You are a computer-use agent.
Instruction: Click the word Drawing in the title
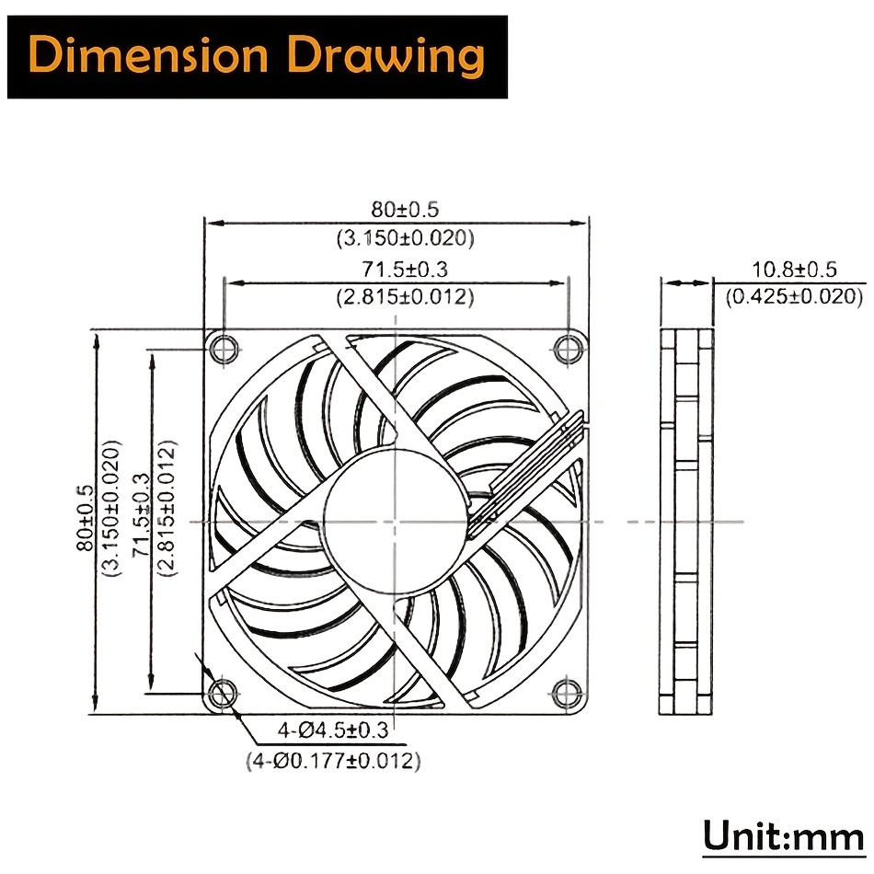(387, 57)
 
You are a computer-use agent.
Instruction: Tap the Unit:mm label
(783, 836)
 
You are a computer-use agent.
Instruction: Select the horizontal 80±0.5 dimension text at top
(405, 210)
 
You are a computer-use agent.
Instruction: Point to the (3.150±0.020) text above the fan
(405, 238)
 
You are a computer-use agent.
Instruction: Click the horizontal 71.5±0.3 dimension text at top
(405, 270)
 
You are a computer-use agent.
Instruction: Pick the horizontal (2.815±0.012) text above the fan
(405, 296)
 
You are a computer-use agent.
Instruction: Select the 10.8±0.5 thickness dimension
(794, 270)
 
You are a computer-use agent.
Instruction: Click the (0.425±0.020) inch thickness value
(794, 296)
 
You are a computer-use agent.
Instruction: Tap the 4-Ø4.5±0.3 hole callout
(333, 730)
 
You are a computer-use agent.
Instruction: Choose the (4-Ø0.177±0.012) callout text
(333, 760)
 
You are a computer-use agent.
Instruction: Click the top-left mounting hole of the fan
(224, 350)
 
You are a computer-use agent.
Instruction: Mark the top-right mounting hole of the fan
(567, 350)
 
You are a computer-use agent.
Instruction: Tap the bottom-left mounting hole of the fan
(223, 693)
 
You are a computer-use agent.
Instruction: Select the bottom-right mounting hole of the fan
(567, 693)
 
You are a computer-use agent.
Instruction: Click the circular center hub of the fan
(395, 522)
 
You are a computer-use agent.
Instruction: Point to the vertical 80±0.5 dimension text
(86, 518)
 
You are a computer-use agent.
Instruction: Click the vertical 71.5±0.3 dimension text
(141, 514)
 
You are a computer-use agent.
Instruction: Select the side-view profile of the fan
(686, 522)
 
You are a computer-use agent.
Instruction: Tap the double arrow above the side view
(686, 283)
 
